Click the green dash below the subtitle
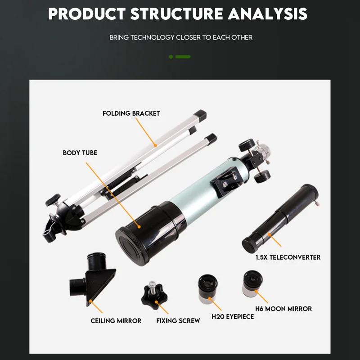[x=182, y=57]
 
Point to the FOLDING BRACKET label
[x=131, y=113]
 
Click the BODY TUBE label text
[x=80, y=153]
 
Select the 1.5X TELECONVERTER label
[x=288, y=257]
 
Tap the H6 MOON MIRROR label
[x=283, y=309]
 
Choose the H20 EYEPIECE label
[x=233, y=317]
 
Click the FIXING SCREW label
[x=178, y=321]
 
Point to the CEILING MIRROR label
[x=116, y=321]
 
